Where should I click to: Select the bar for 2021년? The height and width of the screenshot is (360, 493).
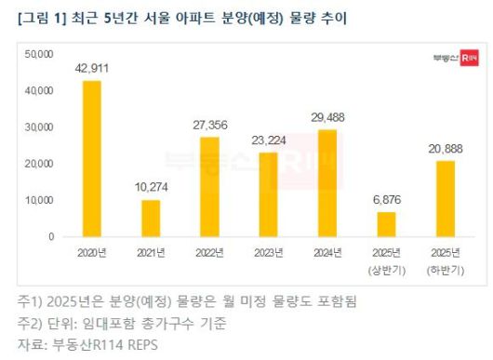tap(151, 218)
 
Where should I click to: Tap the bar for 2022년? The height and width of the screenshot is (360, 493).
tap(210, 186)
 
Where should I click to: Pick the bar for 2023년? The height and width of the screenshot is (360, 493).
tap(269, 193)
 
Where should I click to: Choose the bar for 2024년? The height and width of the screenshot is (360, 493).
tap(327, 182)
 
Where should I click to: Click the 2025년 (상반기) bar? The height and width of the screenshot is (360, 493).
tap(386, 224)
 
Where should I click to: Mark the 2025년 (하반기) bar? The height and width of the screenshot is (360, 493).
tap(446, 198)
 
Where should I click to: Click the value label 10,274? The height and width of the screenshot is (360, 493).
tap(151, 188)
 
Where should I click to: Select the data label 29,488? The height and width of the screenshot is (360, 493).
tap(327, 117)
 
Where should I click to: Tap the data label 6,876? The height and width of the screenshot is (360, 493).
tap(386, 200)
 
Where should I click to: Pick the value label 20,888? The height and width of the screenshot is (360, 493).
tap(446, 149)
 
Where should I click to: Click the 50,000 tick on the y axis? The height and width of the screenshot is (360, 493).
tap(40, 54)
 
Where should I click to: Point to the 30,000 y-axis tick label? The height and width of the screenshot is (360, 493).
tap(40, 127)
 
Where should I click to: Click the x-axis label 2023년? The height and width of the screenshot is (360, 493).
tap(269, 252)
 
